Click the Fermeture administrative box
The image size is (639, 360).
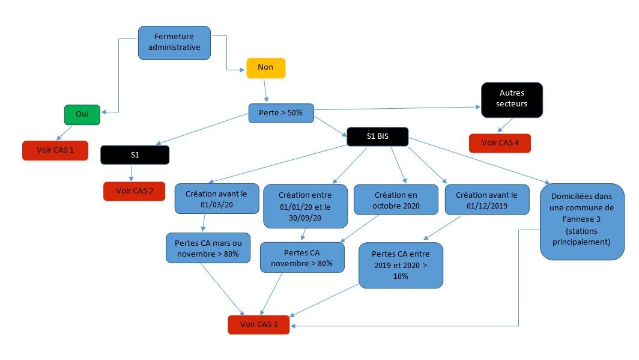[174, 42]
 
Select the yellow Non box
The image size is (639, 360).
[265, 68]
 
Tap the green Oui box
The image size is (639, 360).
[82, 115]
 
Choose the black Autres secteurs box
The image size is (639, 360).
[512, 99]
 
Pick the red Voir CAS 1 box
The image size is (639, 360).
[55, 150]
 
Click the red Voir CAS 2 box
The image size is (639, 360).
[134, 191]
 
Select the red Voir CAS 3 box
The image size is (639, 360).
[258, 325]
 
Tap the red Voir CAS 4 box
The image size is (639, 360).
[500, 143]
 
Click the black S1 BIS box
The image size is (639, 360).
[377, 136]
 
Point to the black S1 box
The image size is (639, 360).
[135, 155]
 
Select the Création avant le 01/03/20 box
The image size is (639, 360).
[217, 198]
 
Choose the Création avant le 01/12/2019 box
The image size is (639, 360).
[486, 200]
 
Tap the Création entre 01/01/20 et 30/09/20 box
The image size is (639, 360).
[305, 206]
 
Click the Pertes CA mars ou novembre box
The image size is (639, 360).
[207, 248]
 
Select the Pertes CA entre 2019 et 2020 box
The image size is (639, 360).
[401, 265]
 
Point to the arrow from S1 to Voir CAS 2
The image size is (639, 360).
[132, 173]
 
